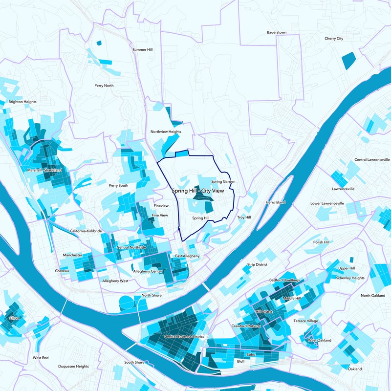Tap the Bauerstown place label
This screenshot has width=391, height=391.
pos(276,32)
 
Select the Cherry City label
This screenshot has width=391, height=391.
pos(334,39)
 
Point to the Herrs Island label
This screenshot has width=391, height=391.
pos(275,202)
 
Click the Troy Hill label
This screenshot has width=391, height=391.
pos(243,217)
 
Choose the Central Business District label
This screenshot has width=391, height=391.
pos(184,337)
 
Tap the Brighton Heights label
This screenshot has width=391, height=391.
pos(22,102)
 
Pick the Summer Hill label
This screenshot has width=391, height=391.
pos(143,50)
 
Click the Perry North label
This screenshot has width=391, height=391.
pos(104,86)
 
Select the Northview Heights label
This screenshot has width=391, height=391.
pos(166,132)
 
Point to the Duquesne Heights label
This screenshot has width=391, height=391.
pos(73,366)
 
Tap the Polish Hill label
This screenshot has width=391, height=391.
pos(321,242)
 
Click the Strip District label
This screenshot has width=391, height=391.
pos(257,264)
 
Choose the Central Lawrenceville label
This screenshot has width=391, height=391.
pos(372,160)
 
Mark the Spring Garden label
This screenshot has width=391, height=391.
pos(223,182)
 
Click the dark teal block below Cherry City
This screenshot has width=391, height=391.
pos(348,60)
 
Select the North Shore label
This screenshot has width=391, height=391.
pos(152,296)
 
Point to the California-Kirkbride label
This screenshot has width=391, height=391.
pos(86,231)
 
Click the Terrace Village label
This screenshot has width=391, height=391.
pos(305,321)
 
